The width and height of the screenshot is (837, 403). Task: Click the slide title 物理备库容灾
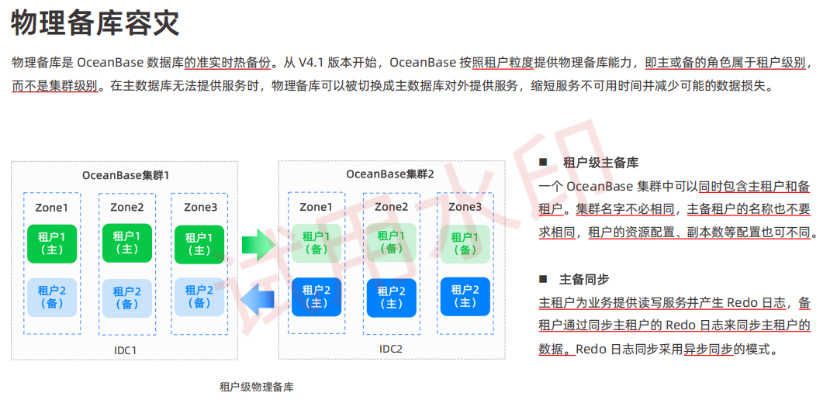pyautogui.click(x=95, y=23)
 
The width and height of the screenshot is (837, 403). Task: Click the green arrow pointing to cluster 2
pyautogui.click(x=258, y=246)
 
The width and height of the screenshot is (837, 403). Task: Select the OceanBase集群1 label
pyautogui.click(x=125, y=175)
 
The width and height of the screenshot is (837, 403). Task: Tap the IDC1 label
pyautogui.click(x=125, y=350)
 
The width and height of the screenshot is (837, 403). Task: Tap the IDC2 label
pyautogui.click(x=391, y=349)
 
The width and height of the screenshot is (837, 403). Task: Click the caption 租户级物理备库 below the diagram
pyautogui.click(x=257, y=387)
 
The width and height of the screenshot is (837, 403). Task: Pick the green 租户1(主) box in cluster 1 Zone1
pyautogui.click(x=52, y=243)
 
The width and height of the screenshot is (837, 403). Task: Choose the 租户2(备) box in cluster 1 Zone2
pyautogui.click(x=126, y=298)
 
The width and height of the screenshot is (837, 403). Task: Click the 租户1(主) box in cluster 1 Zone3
pyautogui.click(x=199, y=244)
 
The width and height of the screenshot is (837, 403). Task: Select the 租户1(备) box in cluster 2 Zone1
pyautogui.click(x=316, y=243)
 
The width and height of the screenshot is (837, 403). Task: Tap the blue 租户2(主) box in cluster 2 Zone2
pyautogui.click(x=391, y=298)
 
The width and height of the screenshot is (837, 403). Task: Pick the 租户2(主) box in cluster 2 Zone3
pyautogui.click(x=465, y=296)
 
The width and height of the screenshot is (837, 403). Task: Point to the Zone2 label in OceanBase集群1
pyautogui.click(x=126, y=207)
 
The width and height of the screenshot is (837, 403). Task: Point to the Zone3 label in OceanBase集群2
pyautogui.click(x=465, y=206)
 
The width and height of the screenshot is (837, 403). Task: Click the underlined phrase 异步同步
pyautogui.click(x=707, y=350)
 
